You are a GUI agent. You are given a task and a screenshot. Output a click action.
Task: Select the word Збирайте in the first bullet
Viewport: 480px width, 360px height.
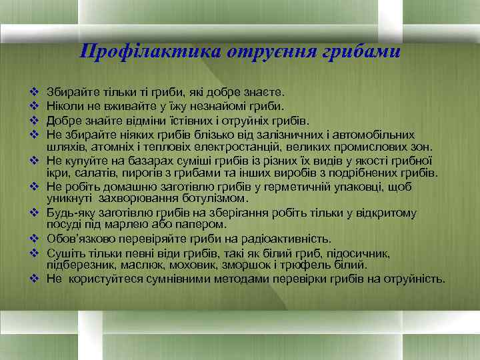click(x=71, y=89)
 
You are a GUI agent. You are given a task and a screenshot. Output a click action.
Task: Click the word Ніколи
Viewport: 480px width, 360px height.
click(x=65, y=105)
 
